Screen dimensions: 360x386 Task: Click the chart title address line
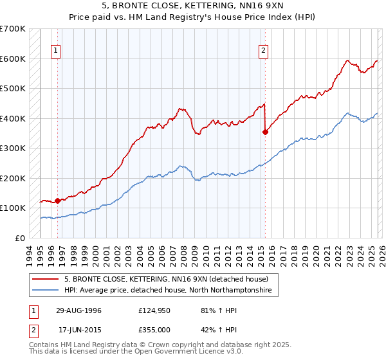193,5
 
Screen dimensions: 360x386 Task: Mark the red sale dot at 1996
57,201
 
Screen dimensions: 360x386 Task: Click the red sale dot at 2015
264,132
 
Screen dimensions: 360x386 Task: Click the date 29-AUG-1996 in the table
78,310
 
